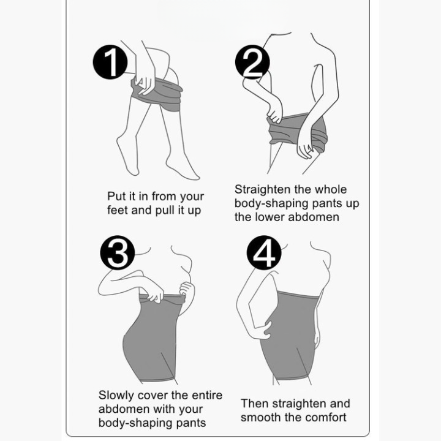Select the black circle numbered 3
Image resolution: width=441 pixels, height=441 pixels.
point(116,254)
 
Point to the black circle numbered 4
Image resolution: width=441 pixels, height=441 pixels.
point(263,254)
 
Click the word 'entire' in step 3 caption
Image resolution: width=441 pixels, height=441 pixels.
point(205,395)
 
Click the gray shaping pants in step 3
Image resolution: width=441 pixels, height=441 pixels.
point(154,343)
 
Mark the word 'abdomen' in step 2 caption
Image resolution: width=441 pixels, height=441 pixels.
point(317,217)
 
